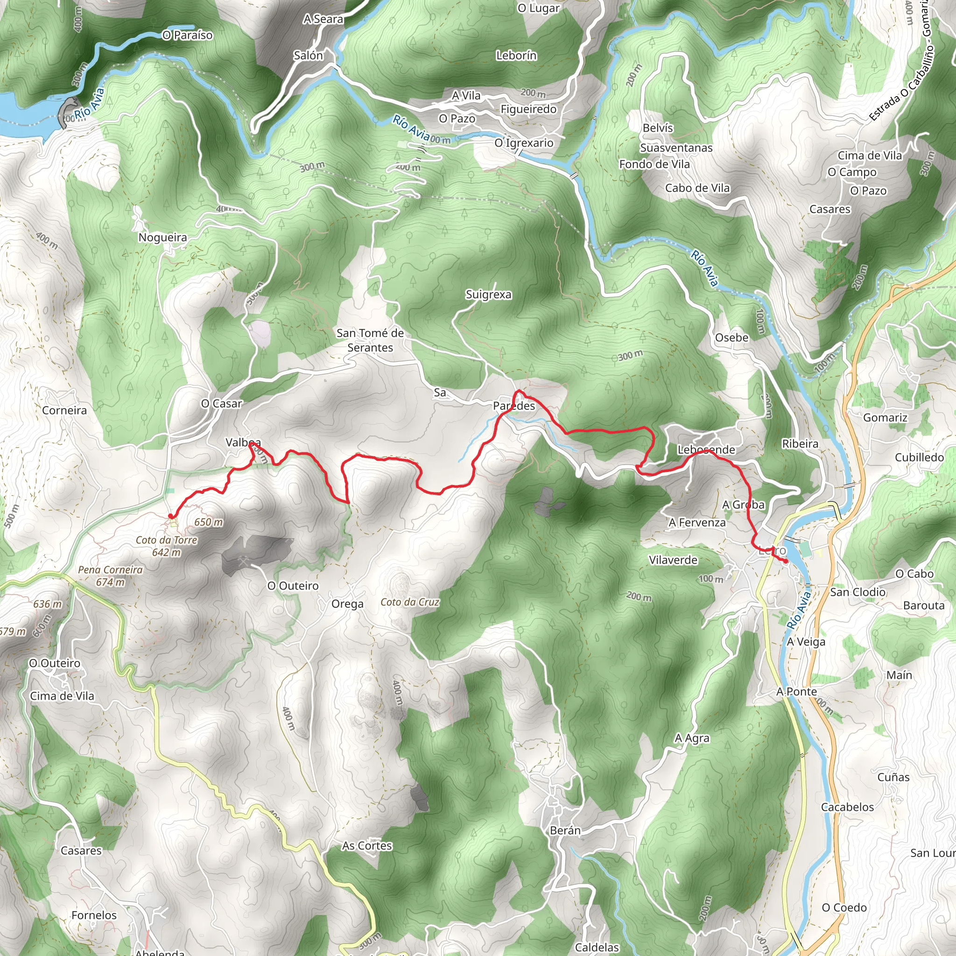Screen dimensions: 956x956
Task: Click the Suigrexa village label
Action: coord(488,295)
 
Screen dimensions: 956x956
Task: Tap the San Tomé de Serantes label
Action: coord(370,340)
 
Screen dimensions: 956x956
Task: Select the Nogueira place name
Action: coord(163,238)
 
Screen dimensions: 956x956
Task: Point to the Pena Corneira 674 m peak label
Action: coord(110,576)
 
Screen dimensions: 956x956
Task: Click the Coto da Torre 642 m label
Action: coord(167,546)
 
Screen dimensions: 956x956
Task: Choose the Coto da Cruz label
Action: coord(410,602)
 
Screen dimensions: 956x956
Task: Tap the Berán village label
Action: coord(565,830)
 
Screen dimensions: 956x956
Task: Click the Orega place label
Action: coord(347,604)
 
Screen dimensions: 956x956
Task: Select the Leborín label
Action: coord(516,56)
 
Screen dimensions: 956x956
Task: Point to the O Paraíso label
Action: coord(188,35)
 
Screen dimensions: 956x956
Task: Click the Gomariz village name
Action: coord(885,418)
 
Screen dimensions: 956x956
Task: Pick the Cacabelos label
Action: coord(848,807)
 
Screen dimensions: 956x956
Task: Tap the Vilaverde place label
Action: coord(673,560)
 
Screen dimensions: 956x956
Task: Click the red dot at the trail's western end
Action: coord(171,516)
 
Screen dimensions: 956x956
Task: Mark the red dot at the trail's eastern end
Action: coord(786,561)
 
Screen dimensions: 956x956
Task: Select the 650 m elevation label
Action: coord(208,522)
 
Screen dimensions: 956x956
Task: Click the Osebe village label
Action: coord(732,337)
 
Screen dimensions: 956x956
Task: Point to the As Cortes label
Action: coord(366,846)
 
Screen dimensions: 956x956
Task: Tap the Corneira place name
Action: coord(64,410)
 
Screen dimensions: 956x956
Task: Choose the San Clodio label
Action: coord(858,592)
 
